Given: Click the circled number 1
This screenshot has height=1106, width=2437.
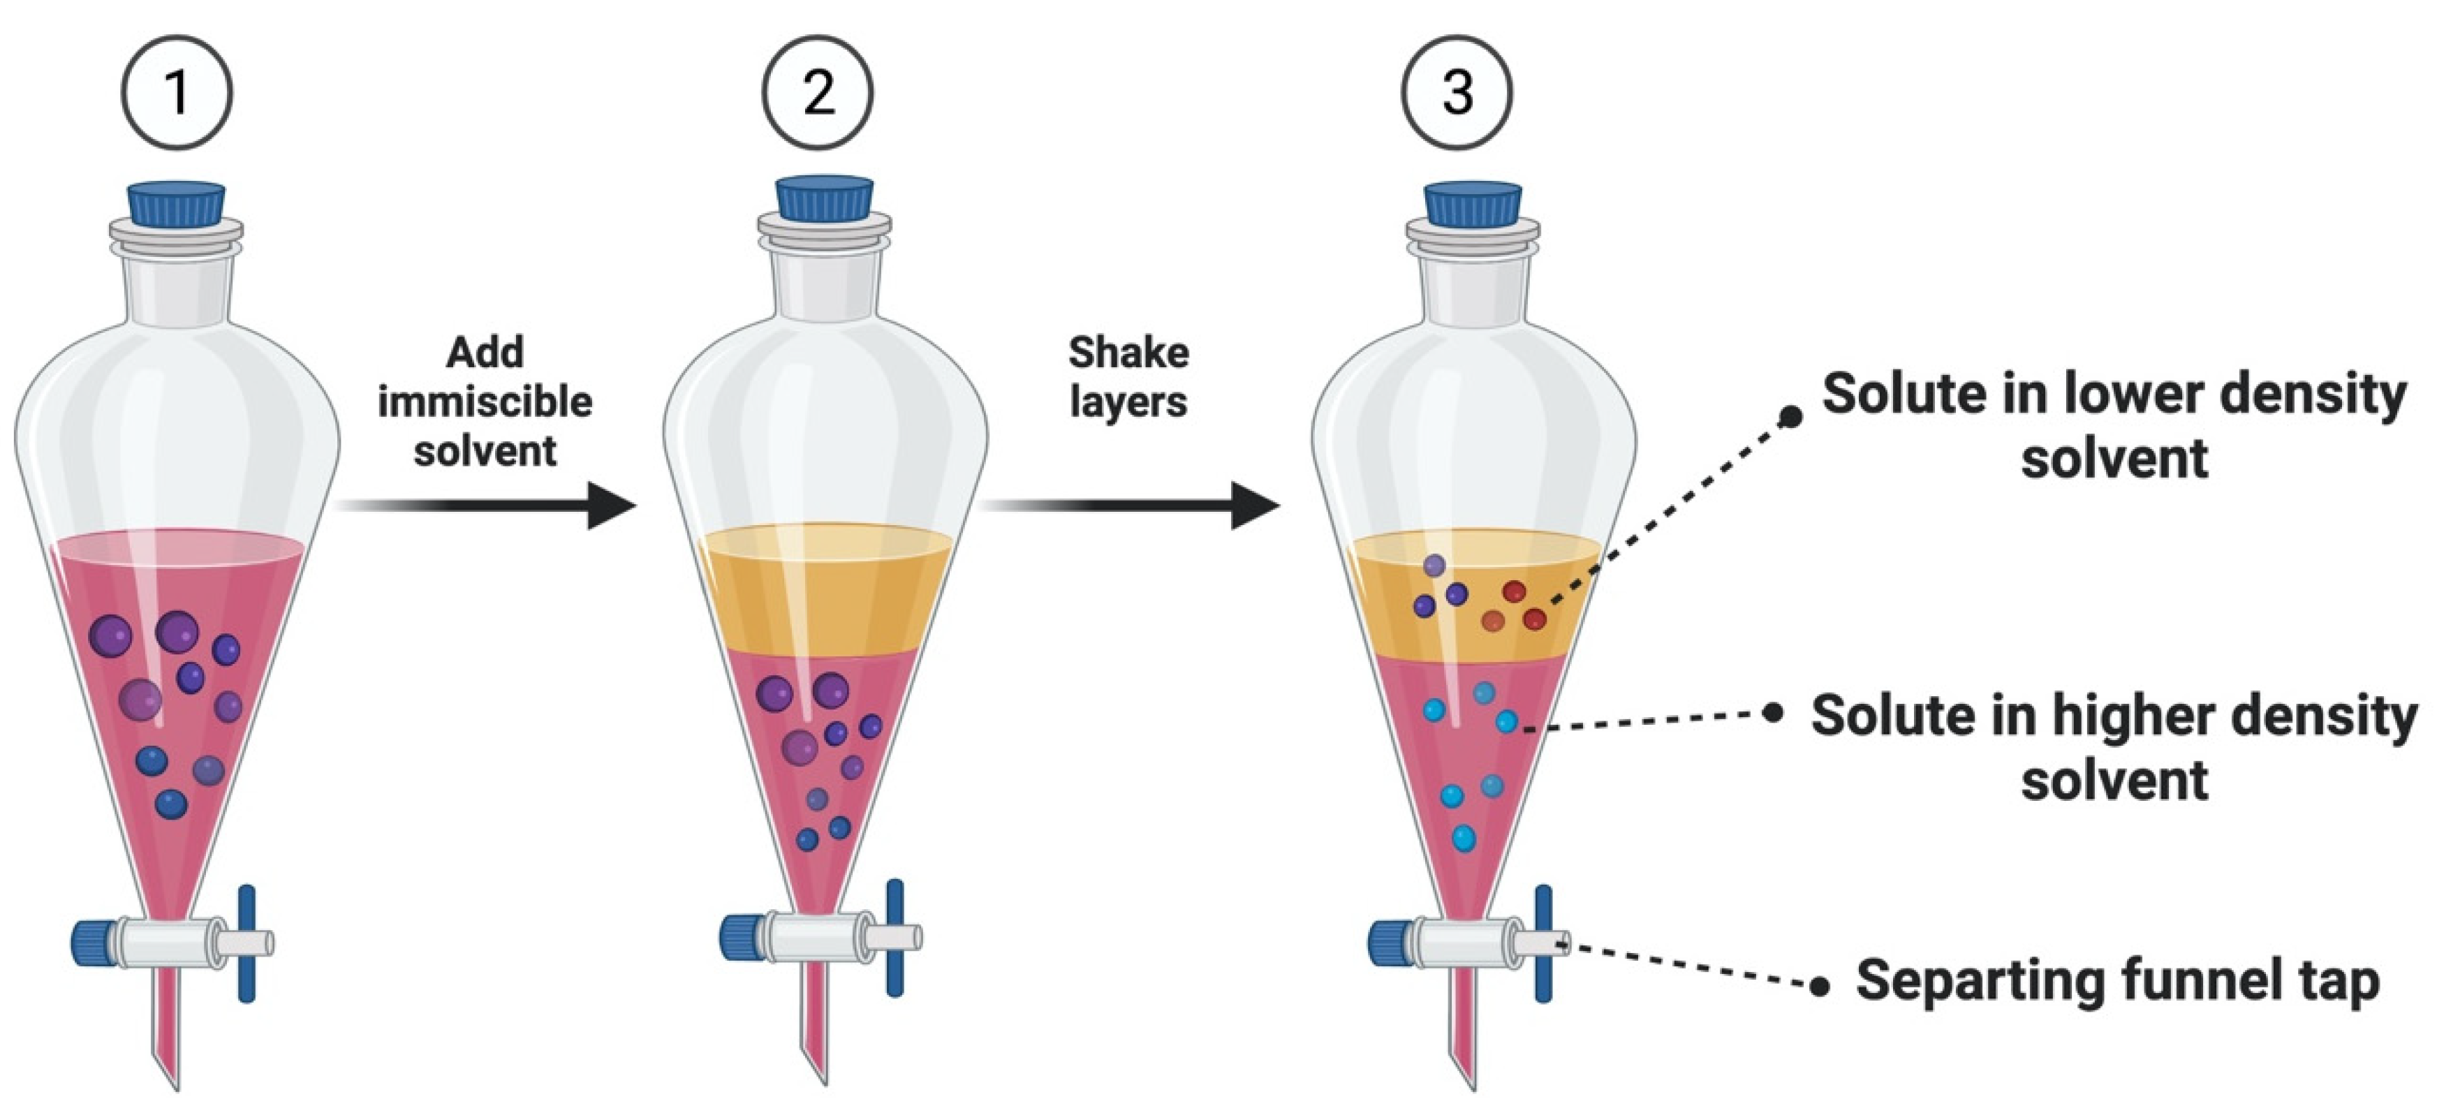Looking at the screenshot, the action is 176,93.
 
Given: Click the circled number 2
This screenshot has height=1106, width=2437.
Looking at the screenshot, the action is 818,93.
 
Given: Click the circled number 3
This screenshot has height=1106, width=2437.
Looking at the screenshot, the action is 1457,93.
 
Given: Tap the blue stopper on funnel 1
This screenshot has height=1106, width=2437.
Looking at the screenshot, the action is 177,203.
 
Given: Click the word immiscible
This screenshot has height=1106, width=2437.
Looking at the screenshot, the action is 485,402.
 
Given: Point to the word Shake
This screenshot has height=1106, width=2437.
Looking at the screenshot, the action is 1128,353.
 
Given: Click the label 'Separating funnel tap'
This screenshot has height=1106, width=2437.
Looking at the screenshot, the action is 2117,981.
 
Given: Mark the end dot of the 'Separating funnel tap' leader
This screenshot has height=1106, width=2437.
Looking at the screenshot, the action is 1819,987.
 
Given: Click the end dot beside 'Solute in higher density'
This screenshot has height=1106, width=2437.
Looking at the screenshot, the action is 1774,712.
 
